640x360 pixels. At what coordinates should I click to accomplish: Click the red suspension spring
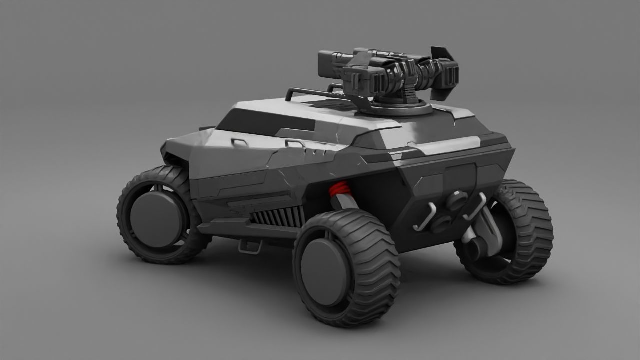339,189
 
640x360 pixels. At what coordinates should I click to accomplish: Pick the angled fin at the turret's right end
442,54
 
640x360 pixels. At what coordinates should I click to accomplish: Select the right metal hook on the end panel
475,206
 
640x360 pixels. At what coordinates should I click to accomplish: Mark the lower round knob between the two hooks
441,223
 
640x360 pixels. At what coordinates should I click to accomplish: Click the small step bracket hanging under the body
250,246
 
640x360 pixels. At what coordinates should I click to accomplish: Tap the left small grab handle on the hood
239,142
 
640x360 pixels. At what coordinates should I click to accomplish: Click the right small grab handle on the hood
295,143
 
